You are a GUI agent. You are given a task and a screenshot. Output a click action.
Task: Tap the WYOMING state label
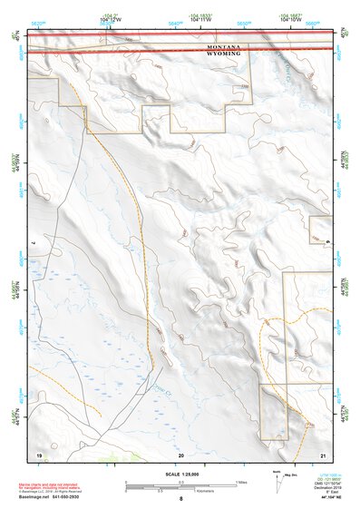(224, 54)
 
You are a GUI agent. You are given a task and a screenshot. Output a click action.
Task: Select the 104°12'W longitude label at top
(111, 18)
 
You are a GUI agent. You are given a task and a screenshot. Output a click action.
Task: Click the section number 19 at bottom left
(38, 453)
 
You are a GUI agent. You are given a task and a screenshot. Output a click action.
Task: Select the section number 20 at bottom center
(180, 453)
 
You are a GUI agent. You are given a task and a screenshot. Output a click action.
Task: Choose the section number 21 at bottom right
(322, 453)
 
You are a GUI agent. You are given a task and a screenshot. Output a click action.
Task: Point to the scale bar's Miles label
(240, 482)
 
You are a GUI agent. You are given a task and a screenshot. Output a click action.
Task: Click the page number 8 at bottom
(180, 499)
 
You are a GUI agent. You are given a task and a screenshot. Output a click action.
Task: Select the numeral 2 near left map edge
(34, 243)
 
